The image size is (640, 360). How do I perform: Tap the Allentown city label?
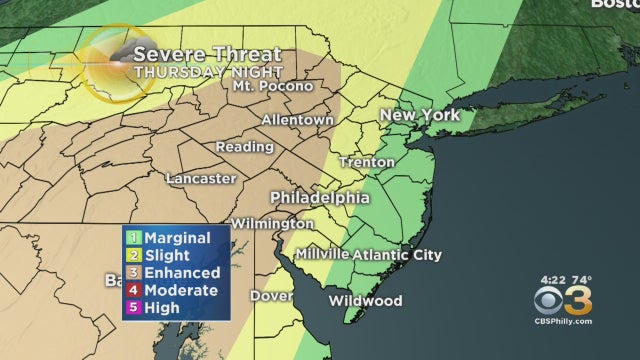click(297, 120)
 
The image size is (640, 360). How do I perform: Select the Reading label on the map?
click(244, 147)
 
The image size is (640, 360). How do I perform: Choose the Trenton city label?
click(367, 161)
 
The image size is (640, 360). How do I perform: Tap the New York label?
click(419, 116)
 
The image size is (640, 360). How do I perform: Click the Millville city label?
click(321, 255)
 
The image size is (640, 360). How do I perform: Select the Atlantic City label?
click(397, 255)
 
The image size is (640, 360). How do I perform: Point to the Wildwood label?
click(365, 301)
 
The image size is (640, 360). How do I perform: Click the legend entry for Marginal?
click(177, 238)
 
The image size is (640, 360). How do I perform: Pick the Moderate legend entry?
click(181, 291)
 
